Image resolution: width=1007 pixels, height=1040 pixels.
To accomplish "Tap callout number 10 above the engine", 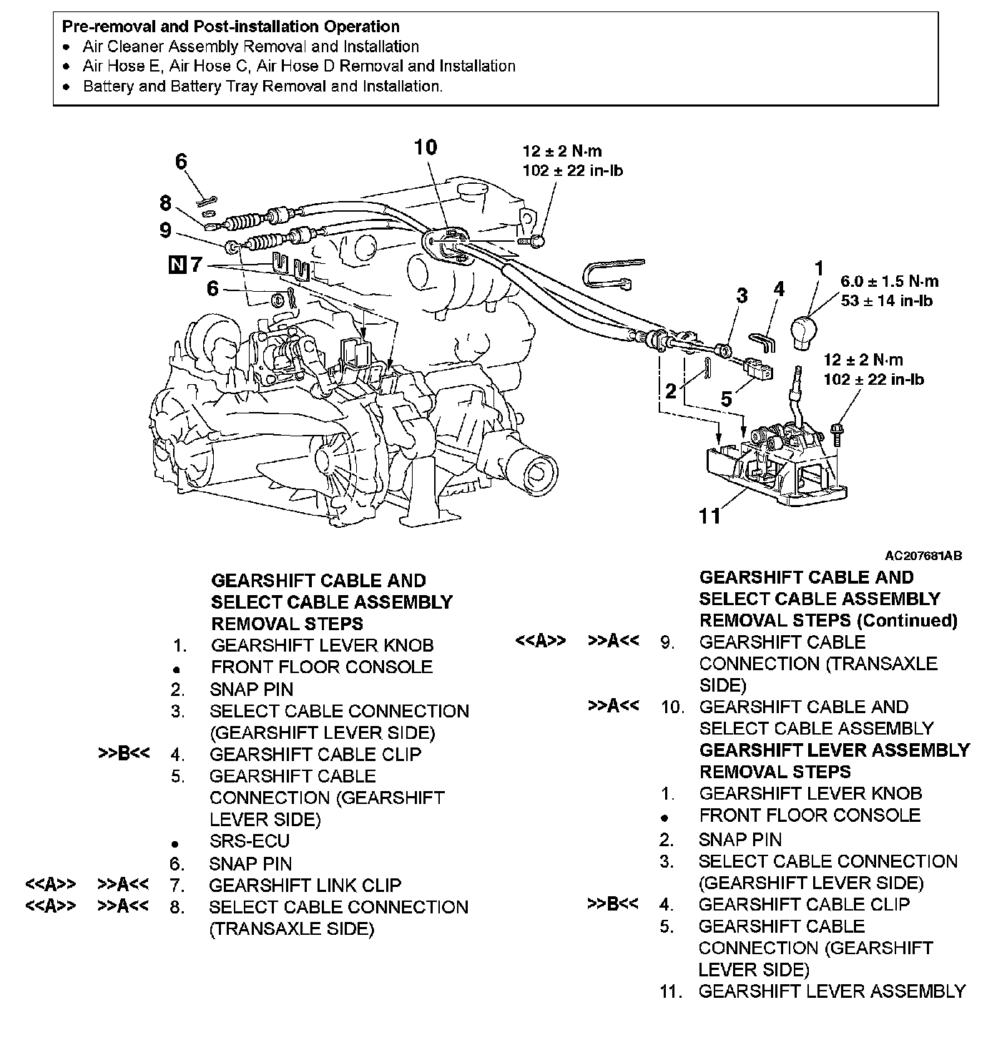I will (425, 148).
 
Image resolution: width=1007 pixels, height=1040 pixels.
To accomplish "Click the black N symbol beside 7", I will (176, 265).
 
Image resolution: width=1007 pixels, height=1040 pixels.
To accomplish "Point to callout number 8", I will (166, 204).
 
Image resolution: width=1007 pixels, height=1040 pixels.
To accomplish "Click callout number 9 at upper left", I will (166, 230).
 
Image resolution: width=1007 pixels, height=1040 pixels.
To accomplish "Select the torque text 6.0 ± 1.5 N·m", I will (889, 282).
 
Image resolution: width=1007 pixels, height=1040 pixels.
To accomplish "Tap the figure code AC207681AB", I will (923, 556).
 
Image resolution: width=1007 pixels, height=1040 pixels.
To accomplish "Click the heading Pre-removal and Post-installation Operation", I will (230, 27).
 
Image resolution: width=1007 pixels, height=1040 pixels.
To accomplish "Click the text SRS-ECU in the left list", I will (249, 841).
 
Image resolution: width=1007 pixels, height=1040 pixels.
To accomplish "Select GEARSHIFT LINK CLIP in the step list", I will (305, 886).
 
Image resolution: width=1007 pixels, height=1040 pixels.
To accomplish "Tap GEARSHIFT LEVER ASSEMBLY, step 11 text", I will (832, 991).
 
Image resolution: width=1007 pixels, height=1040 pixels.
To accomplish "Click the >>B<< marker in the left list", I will (123, 754).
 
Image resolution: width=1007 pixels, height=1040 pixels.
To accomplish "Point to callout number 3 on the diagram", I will (742, 295).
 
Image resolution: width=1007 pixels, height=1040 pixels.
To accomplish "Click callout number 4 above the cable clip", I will (779, 290).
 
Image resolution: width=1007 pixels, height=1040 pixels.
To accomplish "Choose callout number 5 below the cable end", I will (727, 399).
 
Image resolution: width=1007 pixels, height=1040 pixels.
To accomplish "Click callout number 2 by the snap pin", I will (670, 391).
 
